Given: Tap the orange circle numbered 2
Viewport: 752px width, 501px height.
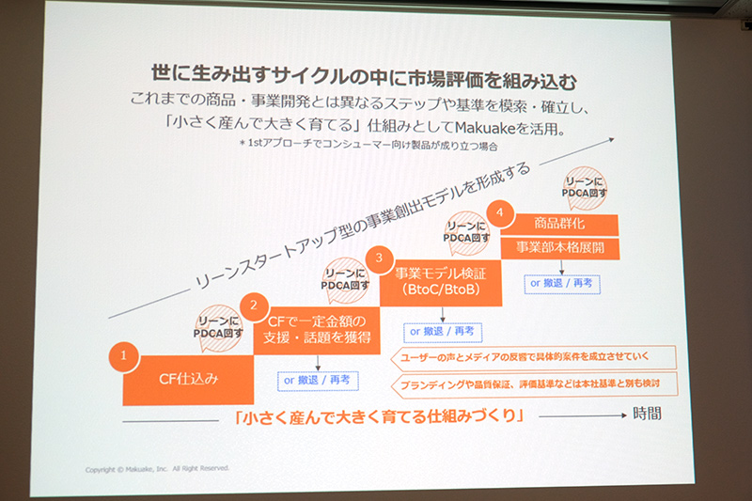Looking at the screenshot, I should tap(252, 305).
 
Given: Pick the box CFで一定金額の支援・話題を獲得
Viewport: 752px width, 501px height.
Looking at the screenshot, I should tap(318, 329).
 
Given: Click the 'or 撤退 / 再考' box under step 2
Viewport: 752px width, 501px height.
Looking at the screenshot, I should tap(316, 380).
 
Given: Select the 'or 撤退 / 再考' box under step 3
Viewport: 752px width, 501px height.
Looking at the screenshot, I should tap(442, 332).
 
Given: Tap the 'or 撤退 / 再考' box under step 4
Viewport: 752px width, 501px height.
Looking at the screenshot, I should tap(560, 282).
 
